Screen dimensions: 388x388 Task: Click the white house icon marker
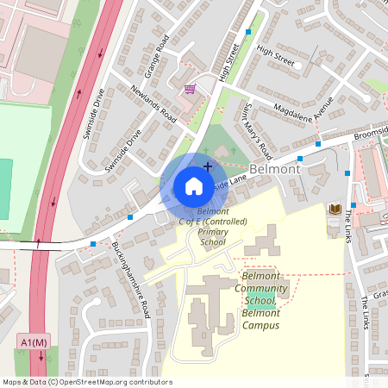(x=193, y=186)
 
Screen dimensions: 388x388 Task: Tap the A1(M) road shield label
(x=33, y=342)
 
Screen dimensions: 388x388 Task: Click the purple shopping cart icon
(x=189, y=88)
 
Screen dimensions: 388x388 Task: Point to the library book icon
(x=333, y=210)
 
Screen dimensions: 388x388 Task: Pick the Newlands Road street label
(x=153, y=104)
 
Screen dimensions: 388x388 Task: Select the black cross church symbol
(x=207, y=166)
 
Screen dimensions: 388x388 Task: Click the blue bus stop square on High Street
(x=249, y=31)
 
